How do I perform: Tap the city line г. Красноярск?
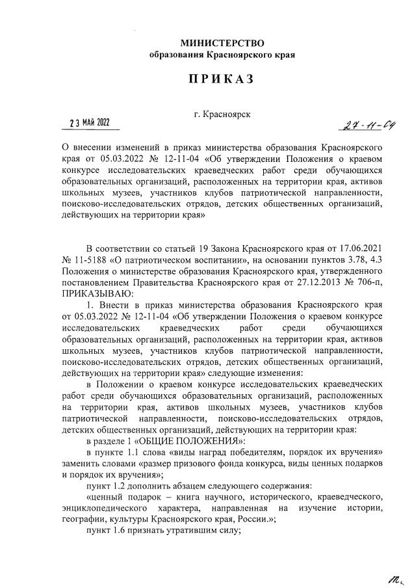[222, 114]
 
